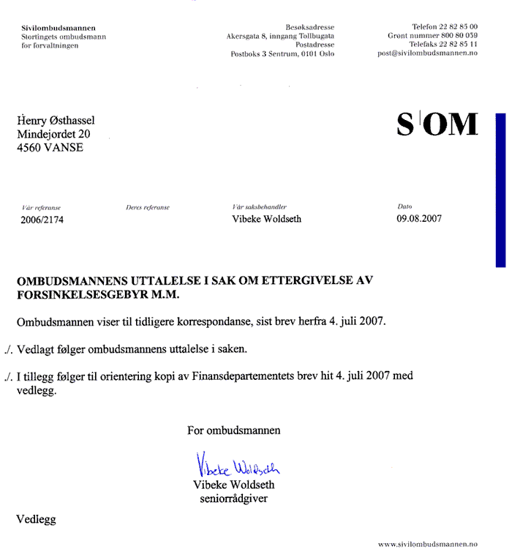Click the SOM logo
click(437, 125)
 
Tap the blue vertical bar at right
click(500, 190)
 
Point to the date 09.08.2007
click(419, 218)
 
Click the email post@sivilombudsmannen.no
click(427, 53)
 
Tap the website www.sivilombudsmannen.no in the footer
click(427, 545)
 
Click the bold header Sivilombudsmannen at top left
click(53, 28)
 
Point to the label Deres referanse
click(148, 208)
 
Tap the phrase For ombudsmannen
click(233, 430)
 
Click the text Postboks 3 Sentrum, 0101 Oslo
click(282, 53)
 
